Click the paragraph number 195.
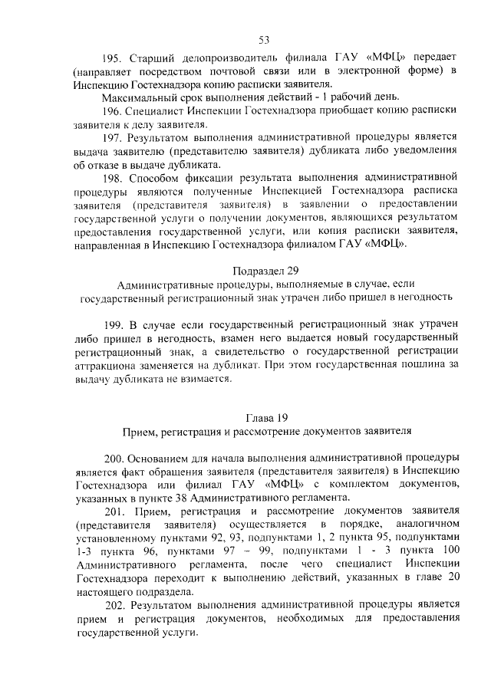pyautogui.click(x=113, y=58)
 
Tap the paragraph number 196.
pyautogui.click(x=114, y=110)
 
